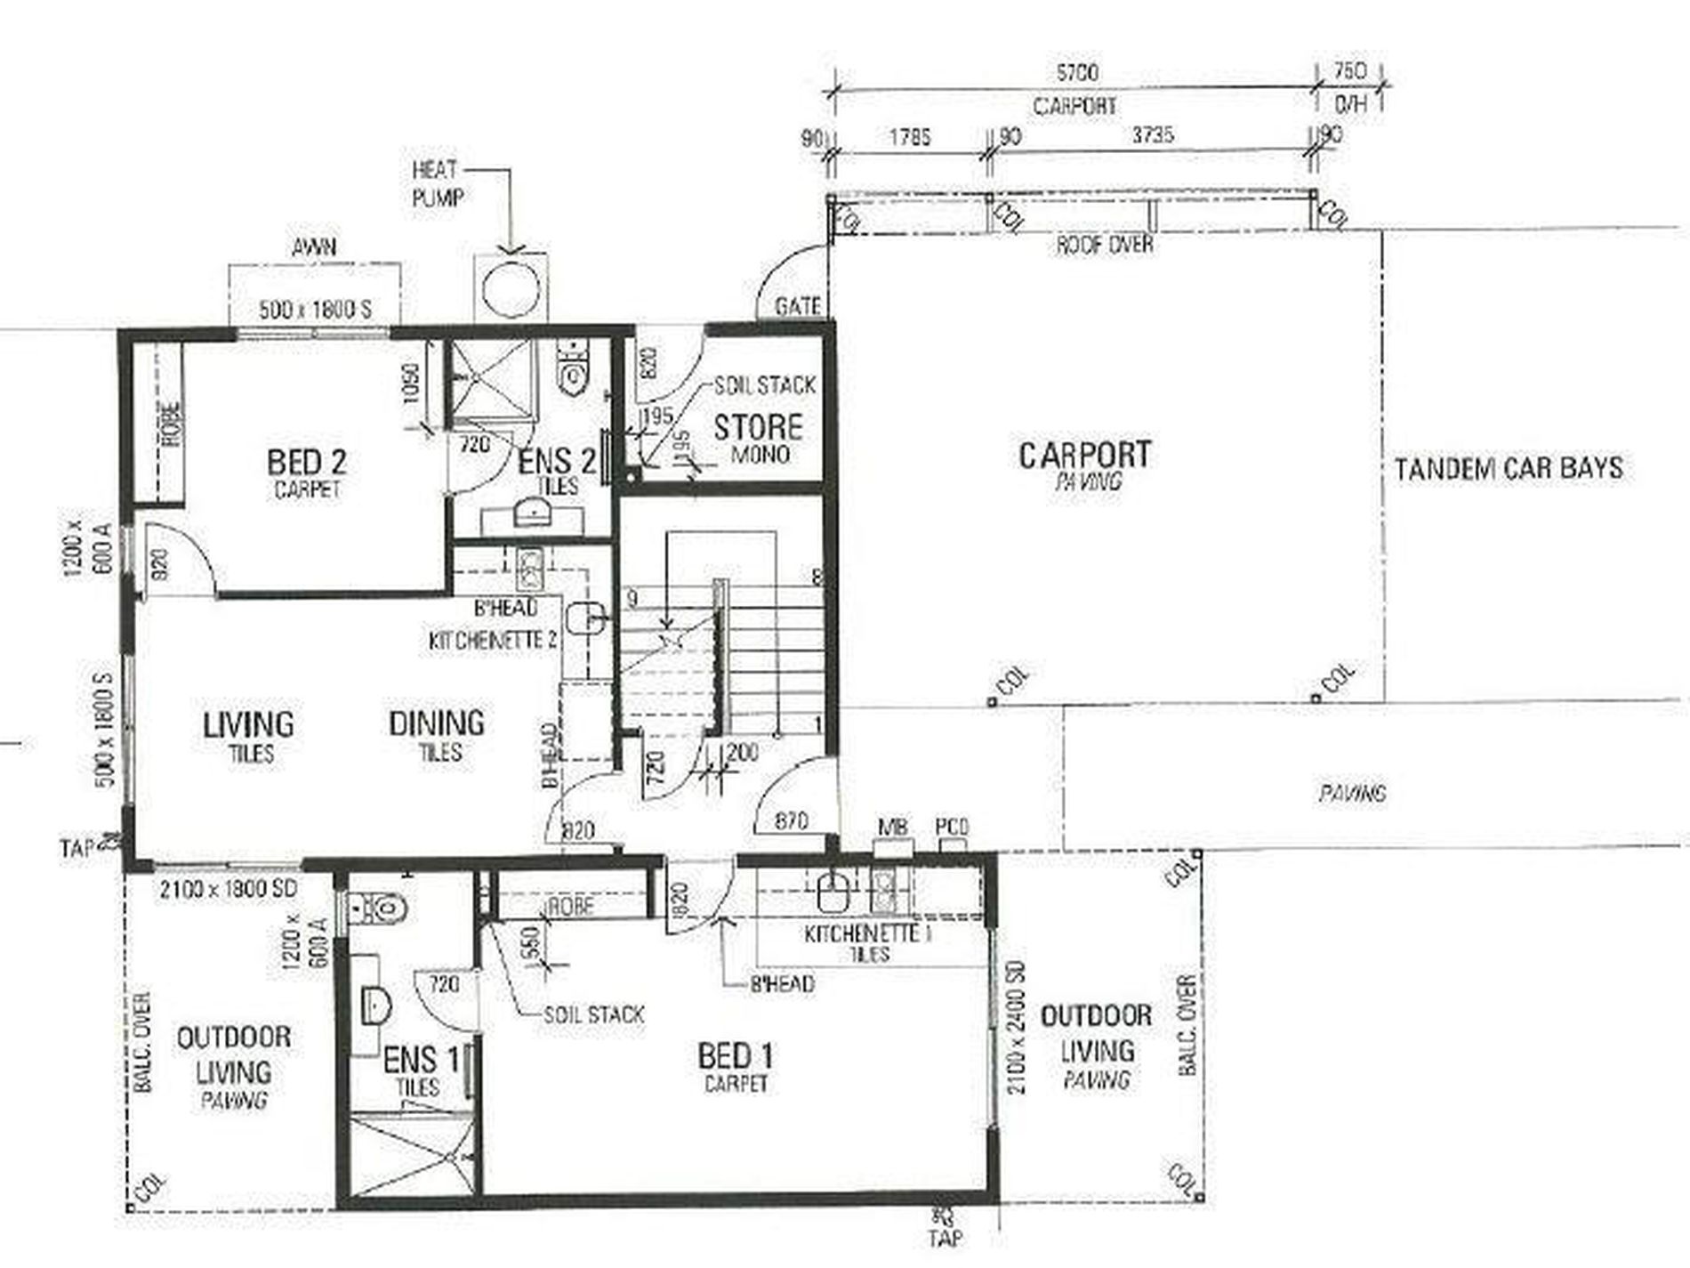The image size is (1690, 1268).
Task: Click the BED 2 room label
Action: [307, 463]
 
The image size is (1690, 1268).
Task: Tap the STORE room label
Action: [758, 428]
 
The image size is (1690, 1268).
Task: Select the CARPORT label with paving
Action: [1084, 456]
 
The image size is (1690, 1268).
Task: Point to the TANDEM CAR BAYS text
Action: [1509, 469]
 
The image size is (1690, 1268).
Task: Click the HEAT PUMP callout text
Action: [437, 183]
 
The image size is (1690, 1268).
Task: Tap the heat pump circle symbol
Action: [511, 286]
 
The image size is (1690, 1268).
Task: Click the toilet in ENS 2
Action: [574, 366]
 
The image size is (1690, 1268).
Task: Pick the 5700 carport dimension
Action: [1076, 72]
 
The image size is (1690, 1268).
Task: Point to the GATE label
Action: [797, 307]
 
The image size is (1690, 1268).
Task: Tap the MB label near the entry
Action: [892, 827]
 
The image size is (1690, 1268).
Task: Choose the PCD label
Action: [952, 827]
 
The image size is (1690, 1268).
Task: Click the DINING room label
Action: [437, 723]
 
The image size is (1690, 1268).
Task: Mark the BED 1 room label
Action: [736, 1057]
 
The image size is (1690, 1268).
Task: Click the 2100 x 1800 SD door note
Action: [228, 889]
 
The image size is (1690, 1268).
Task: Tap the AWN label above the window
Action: [315, 246]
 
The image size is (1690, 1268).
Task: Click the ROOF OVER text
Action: [1105, 244]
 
